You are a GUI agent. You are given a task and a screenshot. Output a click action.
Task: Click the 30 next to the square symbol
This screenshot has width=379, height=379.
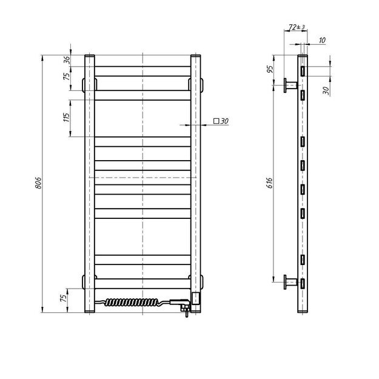tap(224, 121)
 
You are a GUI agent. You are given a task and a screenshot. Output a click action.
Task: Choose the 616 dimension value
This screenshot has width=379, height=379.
tap(271, 183)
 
